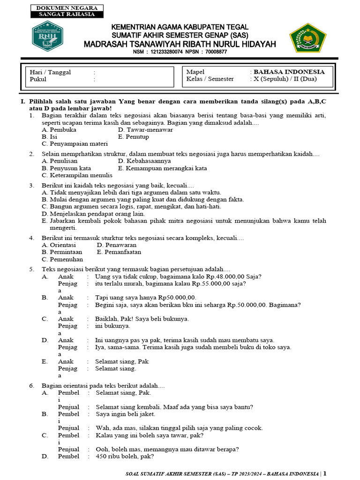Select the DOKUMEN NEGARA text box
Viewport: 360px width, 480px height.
click(x=67, y=8)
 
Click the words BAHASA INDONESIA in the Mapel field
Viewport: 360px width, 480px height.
click(x=289, y=72)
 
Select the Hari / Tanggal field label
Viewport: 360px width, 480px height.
click(x=50, y=72)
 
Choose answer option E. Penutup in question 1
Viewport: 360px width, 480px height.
click(x=134, y=137)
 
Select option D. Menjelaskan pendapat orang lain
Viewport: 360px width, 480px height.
click(x=93, y=213)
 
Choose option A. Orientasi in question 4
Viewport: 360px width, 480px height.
click(x=59, y=245)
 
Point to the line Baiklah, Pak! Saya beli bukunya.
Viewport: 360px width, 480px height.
click(x=142, y=319)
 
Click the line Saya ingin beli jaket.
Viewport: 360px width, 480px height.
click(x=125, y=414)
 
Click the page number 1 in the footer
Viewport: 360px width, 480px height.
click(x=325, y=473)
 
